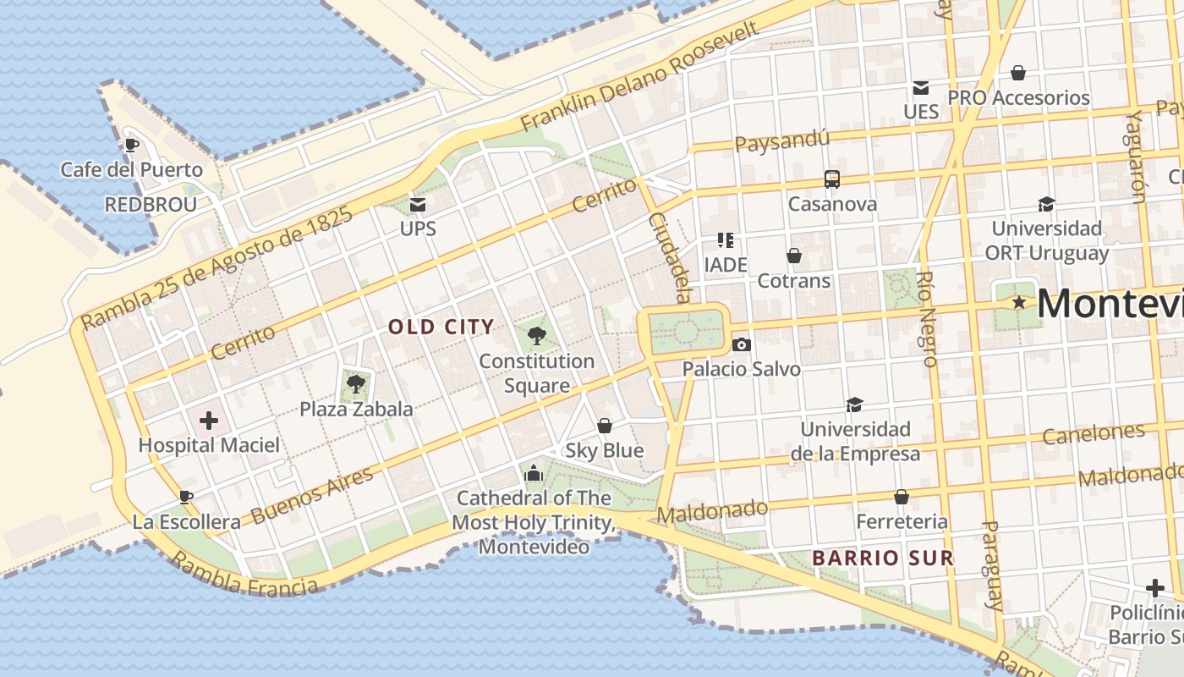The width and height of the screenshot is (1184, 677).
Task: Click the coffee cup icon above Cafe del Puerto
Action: (131, 145)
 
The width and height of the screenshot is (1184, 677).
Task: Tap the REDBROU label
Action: (151, 205)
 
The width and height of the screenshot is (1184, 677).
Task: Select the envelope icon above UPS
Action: (418, 204)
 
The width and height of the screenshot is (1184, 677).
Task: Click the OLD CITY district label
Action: (441, 327)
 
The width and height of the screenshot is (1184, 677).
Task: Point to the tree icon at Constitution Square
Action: (536, 336)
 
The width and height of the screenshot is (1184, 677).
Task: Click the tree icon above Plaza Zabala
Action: (356, 385)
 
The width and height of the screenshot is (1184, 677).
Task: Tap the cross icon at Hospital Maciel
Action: (208, 421)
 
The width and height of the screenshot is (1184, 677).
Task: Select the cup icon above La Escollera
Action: (186, 497)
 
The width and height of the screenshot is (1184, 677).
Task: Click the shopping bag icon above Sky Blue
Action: (604, 426)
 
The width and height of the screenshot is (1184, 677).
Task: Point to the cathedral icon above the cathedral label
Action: (533, 473)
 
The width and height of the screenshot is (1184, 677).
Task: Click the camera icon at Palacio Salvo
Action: (741, 344)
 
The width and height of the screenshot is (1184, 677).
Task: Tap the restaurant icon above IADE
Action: (725, 240)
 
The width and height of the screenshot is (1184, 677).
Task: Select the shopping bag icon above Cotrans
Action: (793, 256)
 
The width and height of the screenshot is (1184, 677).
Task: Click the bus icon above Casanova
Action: (832, 179)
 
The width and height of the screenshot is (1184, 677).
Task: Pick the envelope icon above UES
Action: (920, 88)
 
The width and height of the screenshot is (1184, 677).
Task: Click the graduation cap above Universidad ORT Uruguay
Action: (1046, 204)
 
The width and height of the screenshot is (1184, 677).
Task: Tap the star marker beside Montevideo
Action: (1020, 302)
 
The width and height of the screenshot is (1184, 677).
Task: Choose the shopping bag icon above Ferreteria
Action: (902, 497)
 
